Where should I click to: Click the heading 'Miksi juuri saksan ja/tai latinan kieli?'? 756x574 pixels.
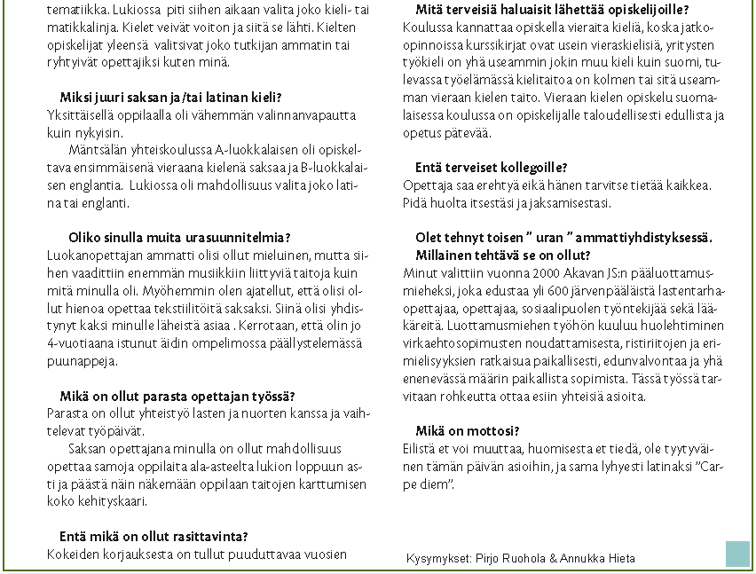tap(170, 97)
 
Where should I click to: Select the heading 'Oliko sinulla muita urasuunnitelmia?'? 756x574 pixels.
tap(179, 237)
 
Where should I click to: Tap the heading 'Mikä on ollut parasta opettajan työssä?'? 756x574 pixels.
tap(177, 396)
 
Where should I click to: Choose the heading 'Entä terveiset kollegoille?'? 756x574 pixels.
tap(492, 167)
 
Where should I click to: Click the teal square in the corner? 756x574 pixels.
tap(737, 554)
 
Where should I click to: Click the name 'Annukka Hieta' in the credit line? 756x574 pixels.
tap(601, 558)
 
